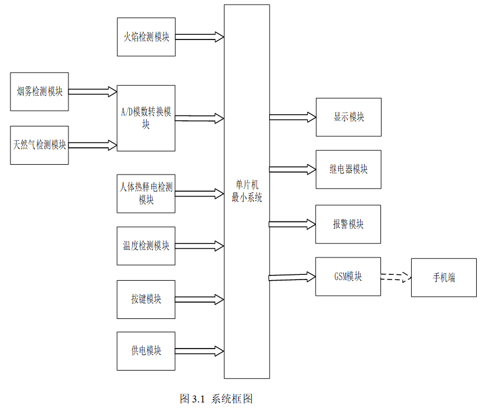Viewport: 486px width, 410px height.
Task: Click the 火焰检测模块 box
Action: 146,37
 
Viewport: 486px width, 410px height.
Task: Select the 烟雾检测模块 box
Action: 39,92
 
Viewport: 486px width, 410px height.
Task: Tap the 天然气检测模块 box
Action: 39,145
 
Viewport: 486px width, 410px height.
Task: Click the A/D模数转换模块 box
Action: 146,118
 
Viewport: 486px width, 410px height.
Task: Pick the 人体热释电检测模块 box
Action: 146,193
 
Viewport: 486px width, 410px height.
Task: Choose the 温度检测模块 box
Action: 146,246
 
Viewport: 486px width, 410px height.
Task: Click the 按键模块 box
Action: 146,299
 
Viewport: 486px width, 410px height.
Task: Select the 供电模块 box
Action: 146,351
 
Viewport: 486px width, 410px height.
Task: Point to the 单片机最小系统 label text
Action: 247,191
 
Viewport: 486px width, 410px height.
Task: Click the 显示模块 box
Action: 349,117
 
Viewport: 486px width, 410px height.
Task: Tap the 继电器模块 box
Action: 349,169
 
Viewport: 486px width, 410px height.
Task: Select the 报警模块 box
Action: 348,224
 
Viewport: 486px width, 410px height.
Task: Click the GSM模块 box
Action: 348,277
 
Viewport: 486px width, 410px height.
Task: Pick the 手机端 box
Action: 444,278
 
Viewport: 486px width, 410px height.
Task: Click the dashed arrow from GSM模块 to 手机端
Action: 396,277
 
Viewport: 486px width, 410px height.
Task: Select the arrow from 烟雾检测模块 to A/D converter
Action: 93,91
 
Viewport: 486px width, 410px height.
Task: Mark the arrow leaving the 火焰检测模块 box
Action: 200,37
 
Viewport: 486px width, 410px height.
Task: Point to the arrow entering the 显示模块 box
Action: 292,117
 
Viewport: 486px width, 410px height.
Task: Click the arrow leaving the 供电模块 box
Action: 200,351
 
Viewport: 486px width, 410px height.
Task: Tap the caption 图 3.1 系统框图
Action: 216,399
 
